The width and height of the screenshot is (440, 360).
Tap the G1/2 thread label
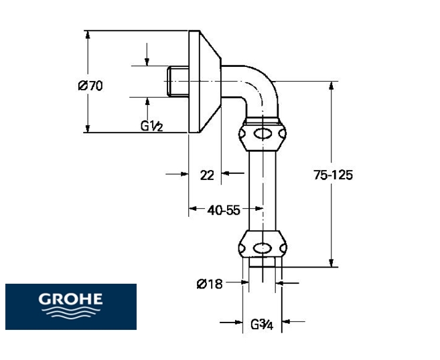(152, 125)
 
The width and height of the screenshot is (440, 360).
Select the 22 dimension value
(207, 175)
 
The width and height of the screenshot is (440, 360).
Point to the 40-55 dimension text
(224, 210)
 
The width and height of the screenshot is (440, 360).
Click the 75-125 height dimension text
(333, 175)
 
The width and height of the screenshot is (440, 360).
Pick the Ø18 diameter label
(210, 284)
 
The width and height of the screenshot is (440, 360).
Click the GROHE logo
(70, 306)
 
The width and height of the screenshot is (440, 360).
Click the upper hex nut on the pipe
(264, 135)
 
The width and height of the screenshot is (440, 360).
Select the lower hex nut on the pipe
(264, 245)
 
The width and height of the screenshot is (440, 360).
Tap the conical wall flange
(205, 81)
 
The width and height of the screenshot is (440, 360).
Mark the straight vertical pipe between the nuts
(264, 191)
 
